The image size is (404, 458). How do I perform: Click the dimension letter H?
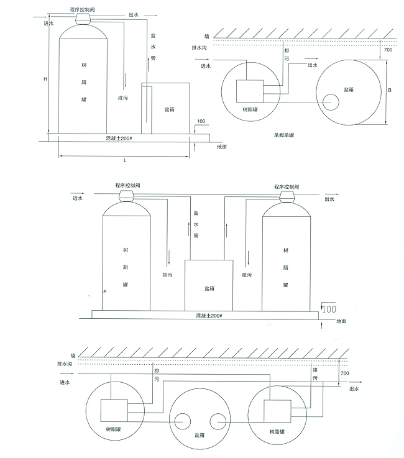pyautogui.click(x=45, y=79)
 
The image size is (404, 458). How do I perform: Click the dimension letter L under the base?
pyautogui.click(x=125, y=160)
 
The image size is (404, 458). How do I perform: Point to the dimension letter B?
pyautogui.click(x=390, y=90)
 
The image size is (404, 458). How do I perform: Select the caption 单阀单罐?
pyautogui.click(x=283, y=135)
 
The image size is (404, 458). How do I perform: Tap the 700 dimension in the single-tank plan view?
pyautogui.click(x=388, y=50)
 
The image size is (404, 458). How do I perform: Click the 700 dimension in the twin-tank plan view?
pyautogui.click(x=345, y=373)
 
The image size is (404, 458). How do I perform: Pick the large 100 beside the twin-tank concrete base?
pyautogui.click(x=329, y=309)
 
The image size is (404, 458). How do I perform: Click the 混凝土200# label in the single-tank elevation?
pyautogui.click(x=119, y=138)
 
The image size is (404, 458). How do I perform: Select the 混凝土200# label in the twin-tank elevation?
pyautogui.click(x=209, y=316)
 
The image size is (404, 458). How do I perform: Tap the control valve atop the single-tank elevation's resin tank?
pyautogui.click(x=83, y=19)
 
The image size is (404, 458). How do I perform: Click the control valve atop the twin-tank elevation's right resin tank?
pyautogui.click(x=287, y=197)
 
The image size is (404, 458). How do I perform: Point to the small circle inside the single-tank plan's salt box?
pyautogui.click(x=331, y=103)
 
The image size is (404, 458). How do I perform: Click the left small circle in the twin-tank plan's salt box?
pyautogui.click(x=182, y=421)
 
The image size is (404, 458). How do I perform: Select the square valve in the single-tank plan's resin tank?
pyautogui.click(x=250, y=91)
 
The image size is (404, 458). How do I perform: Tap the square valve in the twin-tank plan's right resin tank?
pyautogui.click(x=277, y=411)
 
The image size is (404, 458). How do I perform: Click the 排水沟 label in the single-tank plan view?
pyautogui.click(x=199, y=47)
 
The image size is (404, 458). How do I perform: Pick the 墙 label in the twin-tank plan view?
pyautogui.click(x=73, y=355)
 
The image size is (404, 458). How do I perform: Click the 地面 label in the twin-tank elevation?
pyautogui.click(x=341, y=321)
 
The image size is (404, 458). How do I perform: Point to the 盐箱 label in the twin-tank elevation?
pyautogui.click(x=209, y=288)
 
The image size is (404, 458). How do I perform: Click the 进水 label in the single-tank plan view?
pyautogui.click(x=206, y=66)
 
